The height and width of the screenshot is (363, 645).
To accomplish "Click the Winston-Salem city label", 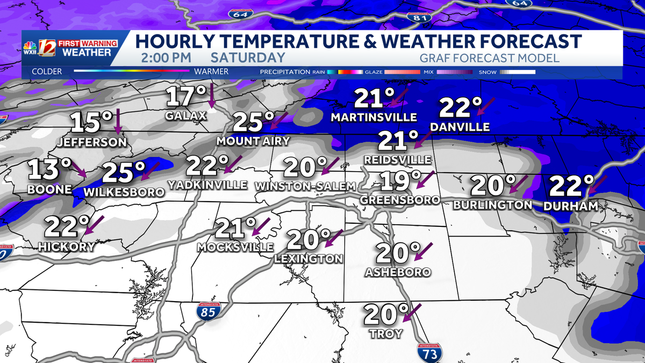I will point(305,186).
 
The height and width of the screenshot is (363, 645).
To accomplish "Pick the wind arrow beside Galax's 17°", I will point(212,96).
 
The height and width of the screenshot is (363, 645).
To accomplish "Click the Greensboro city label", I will point(400,200).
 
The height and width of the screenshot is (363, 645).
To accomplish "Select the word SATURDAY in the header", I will point(248,58).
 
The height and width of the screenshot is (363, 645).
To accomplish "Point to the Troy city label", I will point(386,334).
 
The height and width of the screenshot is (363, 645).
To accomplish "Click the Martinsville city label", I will point(374,117).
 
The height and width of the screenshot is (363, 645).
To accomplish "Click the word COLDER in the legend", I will point(47,72).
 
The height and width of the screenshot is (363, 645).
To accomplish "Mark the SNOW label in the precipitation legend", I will point(488,72).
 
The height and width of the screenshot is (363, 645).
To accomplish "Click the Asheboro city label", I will point(398,272).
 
